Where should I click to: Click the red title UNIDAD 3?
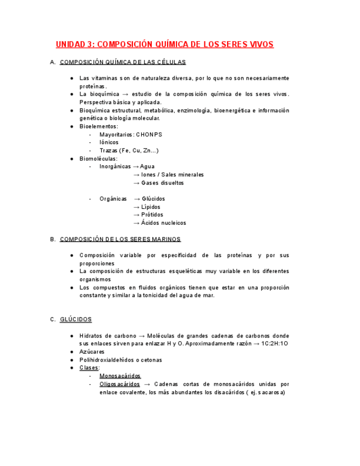[164, 44]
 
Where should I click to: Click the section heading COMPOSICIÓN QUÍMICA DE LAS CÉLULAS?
[123, 62]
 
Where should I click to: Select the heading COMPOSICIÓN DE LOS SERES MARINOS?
[120, 239]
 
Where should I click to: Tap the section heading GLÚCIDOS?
[76, 319]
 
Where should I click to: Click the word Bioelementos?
[98, 126]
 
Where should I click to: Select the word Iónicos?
[110, 142]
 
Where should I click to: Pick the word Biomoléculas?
[98, 158]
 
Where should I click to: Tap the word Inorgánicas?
[115, 167]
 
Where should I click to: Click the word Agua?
[147, 167]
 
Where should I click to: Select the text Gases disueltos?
[162, 182]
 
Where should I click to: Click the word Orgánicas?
[113, 199]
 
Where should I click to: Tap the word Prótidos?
[152, 215]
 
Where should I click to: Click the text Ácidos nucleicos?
[163, 223]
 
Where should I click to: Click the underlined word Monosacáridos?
[120, 376]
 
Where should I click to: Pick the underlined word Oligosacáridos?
[119, 384]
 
